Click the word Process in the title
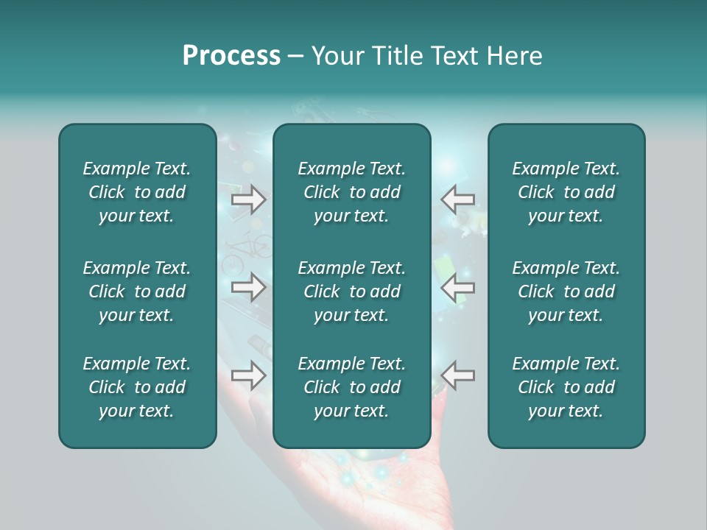(231, 56)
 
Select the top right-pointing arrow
(248, 199)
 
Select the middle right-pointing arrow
(248, 287)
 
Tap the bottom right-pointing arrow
(248, 376)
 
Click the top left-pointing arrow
(457, 199)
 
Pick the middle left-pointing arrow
(457, 287)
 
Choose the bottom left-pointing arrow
(457, 376)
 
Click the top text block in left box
(137, 192)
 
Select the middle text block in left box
(137, 291)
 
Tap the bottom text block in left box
(137, 387)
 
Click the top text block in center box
(351, 192)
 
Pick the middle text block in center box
(351, 291)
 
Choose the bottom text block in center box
(351, 387)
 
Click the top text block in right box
(566, 192)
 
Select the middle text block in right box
(566, 291)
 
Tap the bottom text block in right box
(566, 387)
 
